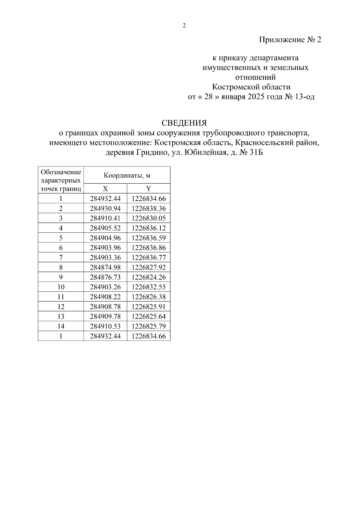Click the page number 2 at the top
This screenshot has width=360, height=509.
click(184, 26)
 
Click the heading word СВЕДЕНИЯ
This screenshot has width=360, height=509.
click(184, 123)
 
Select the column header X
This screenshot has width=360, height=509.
click(105, 189)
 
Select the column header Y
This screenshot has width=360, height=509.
click(148, 189)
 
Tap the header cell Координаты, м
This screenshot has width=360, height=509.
click(127, 175)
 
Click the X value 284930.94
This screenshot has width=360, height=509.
click(105, 208)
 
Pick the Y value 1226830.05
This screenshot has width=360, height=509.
click(148, 218)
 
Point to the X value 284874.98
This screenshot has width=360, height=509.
click(105, 267)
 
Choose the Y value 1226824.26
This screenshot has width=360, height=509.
click(148, 277)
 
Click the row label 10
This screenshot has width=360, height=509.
click(61, 287)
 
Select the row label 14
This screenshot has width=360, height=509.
click(61, 326)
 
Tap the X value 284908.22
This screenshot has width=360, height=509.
click(105, 297)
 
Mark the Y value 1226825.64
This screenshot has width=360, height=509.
click(148, 316)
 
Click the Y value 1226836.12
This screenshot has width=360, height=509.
click(148, 228)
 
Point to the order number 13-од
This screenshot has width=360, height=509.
click(304, 97)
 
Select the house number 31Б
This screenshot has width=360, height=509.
click(256, 153)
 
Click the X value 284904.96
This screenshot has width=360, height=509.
click(105, 238)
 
